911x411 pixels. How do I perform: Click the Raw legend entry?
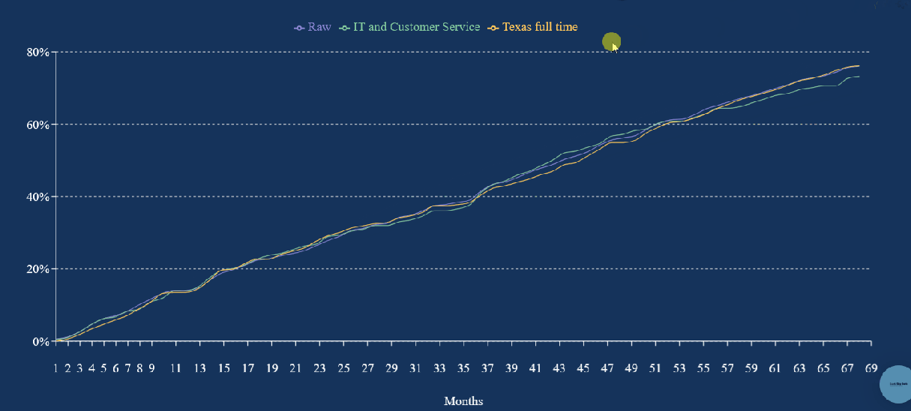[313, 27]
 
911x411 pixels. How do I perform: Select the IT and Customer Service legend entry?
[410, 27]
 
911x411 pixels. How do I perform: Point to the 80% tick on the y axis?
[38, 52]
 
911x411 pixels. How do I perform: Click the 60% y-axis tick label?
[38, 124]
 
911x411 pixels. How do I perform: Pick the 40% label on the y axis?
[38, 196]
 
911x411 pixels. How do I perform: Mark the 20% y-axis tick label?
[38, 268]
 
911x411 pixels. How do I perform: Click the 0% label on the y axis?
[41, 341]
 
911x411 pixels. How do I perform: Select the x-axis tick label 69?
[871, 368]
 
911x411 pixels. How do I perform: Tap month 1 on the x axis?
[55, 368]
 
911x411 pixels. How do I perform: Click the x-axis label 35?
[463, 368]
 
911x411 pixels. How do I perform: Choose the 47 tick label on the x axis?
[607, 368]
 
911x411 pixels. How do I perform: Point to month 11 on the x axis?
[175, 368]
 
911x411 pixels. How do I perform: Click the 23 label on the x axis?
[319, 368]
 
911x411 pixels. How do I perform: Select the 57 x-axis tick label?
[727, 368]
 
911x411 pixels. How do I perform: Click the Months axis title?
[463, 400]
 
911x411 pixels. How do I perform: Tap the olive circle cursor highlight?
[611, 43]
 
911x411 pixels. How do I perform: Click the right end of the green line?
[859, 76]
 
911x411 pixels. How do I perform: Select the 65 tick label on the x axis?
[823, 368]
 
